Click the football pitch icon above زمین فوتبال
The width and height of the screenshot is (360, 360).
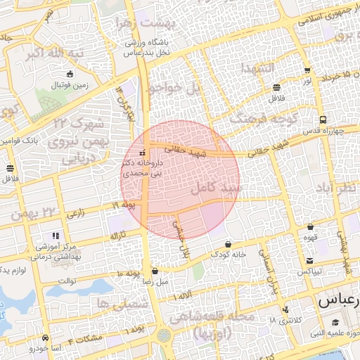pos(69,74)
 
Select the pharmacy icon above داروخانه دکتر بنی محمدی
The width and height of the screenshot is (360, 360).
pos(143,152)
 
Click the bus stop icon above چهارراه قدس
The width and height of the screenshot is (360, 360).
pos(322,120)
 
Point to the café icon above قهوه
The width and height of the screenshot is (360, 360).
pos(310,227)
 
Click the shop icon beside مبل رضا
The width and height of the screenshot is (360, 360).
pos(155,270)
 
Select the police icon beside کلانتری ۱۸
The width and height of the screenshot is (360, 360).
pos(284,309)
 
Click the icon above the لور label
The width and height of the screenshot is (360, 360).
pos(307,70)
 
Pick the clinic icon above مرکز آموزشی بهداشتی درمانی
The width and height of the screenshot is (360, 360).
pos(55,236)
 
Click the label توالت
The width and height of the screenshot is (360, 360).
pos(66,281)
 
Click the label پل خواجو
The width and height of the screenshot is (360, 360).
pos(174,88)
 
